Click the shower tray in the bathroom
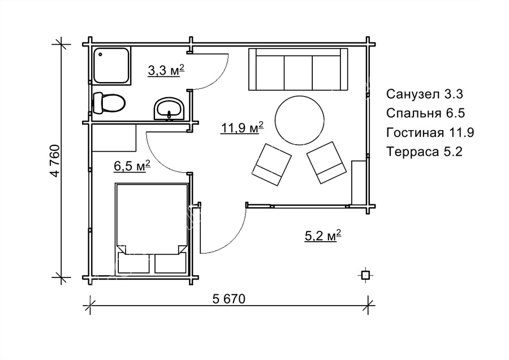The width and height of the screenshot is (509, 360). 112,66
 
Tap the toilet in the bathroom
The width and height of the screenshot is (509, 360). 109,103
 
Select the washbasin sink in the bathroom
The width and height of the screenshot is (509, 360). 169,109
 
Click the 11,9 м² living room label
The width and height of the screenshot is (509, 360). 242,128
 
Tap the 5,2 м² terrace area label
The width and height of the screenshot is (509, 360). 323,235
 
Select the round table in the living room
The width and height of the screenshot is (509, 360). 300,120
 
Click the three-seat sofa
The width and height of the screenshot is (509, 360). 298,69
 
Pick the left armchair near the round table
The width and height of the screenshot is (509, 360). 271,164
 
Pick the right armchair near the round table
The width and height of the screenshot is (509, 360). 326,162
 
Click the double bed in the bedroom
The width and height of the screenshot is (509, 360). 152,229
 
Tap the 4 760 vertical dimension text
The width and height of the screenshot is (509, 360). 55,161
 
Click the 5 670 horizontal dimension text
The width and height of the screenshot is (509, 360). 229,299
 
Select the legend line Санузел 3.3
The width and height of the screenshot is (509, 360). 425,94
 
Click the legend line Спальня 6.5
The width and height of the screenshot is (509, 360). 425,113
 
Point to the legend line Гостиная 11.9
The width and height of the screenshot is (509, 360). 430,132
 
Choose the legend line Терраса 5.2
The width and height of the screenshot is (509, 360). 424,151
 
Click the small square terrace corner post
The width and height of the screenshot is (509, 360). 365,276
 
